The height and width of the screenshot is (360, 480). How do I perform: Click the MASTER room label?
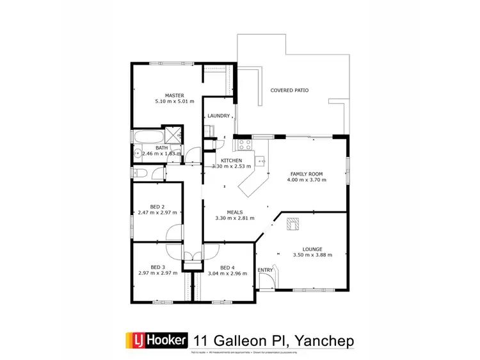point(174,95)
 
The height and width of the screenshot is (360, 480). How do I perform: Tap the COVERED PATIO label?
point(289,90)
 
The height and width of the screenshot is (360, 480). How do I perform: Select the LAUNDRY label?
point(218,116)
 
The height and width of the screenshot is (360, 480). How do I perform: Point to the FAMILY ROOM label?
point(307,174)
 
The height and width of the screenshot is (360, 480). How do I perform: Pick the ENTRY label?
point(265,270)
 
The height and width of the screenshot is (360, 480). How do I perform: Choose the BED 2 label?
point(156,206)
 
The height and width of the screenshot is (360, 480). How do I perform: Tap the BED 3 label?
point(157,267)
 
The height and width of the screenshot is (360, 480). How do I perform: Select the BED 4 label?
point(227,267)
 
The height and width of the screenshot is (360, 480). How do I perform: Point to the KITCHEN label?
point(230,160)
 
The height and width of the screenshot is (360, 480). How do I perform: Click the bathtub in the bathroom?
point(148,136)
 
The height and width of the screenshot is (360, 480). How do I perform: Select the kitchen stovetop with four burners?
point(246,145)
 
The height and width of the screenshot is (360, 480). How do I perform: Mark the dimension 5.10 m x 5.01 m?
point(174,101)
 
